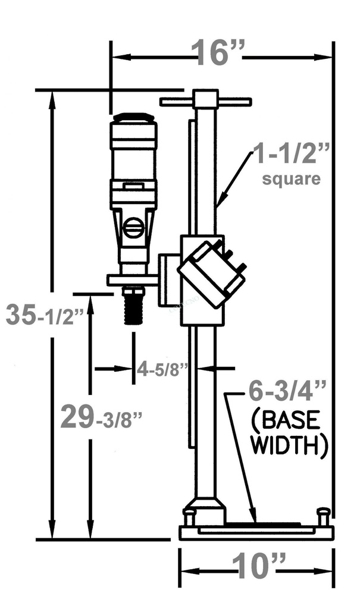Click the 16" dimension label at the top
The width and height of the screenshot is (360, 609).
tap(218, 54)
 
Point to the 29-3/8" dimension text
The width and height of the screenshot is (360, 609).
tap(101, 417)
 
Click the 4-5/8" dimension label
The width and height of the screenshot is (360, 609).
tap(162, 369)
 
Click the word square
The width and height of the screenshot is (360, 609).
tap(292, 178)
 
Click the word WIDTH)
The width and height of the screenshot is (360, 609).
tap(289, 446)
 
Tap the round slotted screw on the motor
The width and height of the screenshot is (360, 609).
tap(133, 228)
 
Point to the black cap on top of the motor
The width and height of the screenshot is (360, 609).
tap(134, 117)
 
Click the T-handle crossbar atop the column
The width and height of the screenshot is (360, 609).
tap(205, 102)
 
